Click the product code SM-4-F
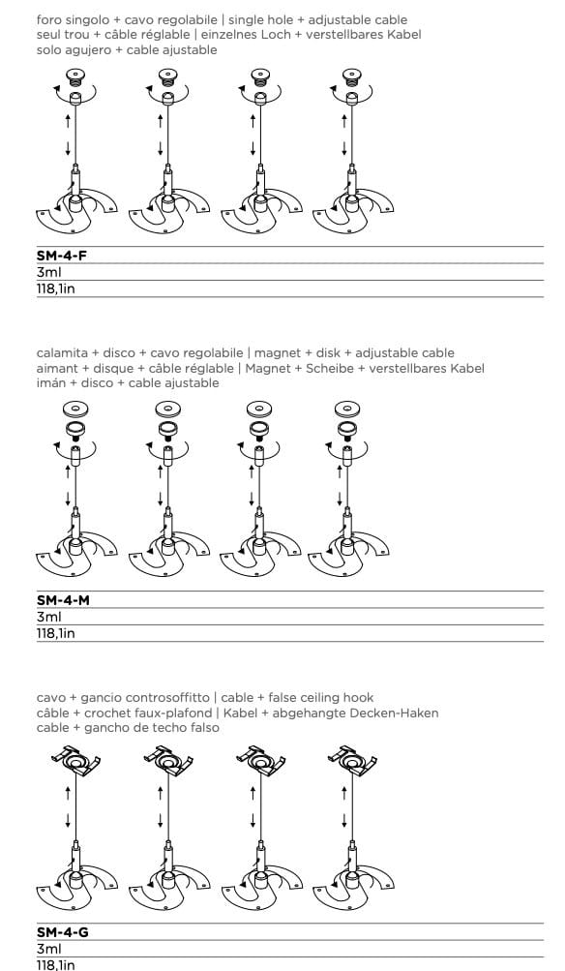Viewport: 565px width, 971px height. click(x=63, y=257)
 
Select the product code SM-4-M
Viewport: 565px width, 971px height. click(x=64, y=600)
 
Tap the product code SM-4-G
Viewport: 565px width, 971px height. click(x=63, y=933)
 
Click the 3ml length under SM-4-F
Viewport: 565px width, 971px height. click(x=48, y=273)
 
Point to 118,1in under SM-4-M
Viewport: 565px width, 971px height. click(x=55, y=632)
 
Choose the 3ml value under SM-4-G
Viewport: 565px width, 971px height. click(x=48, y=950)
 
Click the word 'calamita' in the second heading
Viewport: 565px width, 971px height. click(x=60, y=353)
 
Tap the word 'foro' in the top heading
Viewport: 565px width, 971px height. click(x=48, y=19)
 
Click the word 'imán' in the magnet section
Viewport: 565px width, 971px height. click(x=51, y=383)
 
